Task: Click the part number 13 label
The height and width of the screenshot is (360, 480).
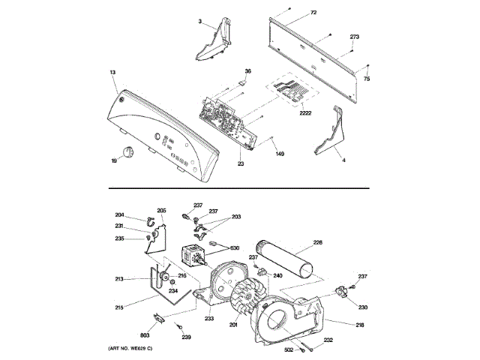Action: click(112, 73)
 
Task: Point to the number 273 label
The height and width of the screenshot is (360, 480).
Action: click(355, 37)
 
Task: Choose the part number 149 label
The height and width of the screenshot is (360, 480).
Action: click(280, 154)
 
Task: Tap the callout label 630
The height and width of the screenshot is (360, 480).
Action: click(235, 248)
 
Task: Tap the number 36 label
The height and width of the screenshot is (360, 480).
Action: click(247, 71)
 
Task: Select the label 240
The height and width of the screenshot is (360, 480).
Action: click(277, 276)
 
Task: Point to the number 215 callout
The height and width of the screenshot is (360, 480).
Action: click(119, 307)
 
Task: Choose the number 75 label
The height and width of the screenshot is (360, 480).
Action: click(367, 78)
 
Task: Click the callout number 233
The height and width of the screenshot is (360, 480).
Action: click(208, 320)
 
